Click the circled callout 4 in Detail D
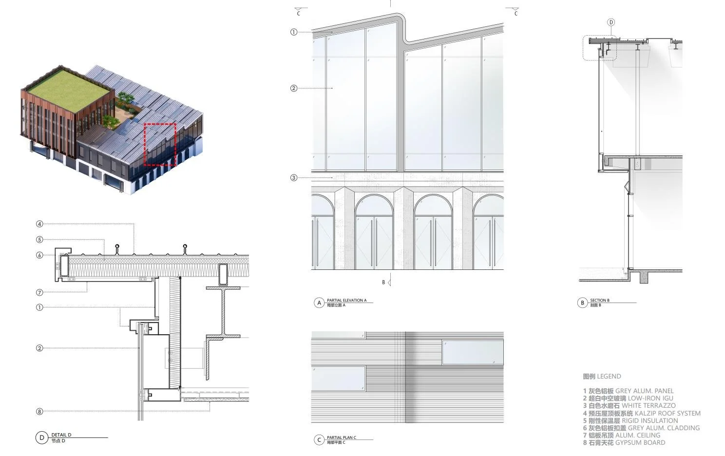(x=39, y=224)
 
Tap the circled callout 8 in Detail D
(x=39, y=412)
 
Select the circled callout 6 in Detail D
(x=39, y=255)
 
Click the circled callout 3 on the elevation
(x=294, y=178)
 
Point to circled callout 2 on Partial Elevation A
(x=294, y=88)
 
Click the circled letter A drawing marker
(x=319, y=303)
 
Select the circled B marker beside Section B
(x=582, y=303)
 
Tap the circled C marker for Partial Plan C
(x=319, y=440)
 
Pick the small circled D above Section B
(x=611, y=22)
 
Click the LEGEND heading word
(x=609, y=377)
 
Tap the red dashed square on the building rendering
(x=160, y=144)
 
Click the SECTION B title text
(x=599, y=301)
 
